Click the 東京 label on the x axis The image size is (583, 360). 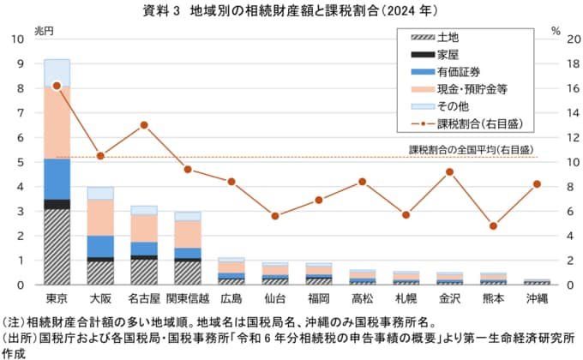click(57, 297)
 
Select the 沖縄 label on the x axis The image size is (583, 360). click(537, 297)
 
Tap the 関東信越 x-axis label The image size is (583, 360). click(188, 297)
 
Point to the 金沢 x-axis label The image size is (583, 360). click(449, 297)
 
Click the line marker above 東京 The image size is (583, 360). click(57, 86)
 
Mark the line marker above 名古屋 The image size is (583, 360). click(144, 125)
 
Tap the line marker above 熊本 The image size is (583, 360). click(493, 225)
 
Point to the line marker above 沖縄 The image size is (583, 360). click(537, 183)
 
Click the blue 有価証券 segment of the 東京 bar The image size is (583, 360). click(57, 179)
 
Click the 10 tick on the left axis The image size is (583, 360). click(18, 39)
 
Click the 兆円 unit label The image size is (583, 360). click(44, 29)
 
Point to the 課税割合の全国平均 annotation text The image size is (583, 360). click(472, 149)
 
